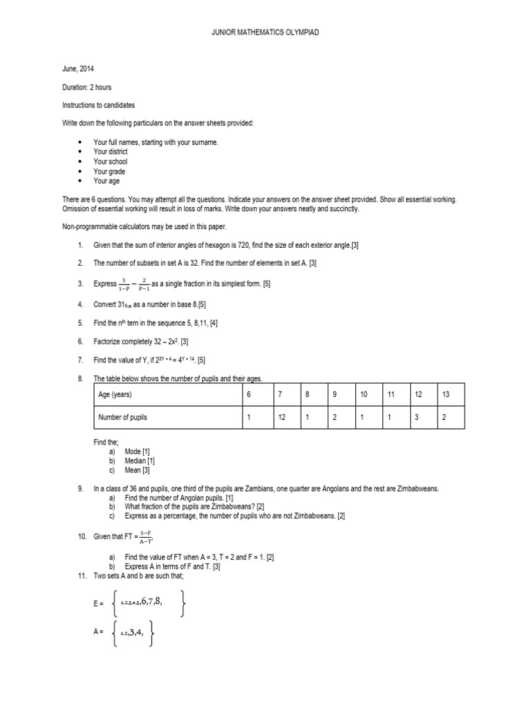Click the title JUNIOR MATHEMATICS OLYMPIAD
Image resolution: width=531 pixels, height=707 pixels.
click(265, 32)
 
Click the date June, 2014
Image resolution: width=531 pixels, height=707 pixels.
click(78, 69)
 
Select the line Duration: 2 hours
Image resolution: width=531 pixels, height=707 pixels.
click(87, 87)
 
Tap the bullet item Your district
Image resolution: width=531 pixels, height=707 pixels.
click(111, 152)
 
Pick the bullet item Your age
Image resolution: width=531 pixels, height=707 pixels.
click(106, 181)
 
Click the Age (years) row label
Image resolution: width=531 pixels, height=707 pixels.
click(115, 395)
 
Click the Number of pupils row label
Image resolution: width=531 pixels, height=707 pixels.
click(123, 418)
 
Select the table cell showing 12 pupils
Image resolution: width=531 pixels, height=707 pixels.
click(281, 418)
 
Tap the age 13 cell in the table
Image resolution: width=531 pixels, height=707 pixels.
click(446, 395)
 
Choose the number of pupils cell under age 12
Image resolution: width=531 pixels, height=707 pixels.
click(418, 418)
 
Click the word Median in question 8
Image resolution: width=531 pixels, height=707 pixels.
click(136, 461)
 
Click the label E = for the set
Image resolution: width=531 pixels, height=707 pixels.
click(98, 603)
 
